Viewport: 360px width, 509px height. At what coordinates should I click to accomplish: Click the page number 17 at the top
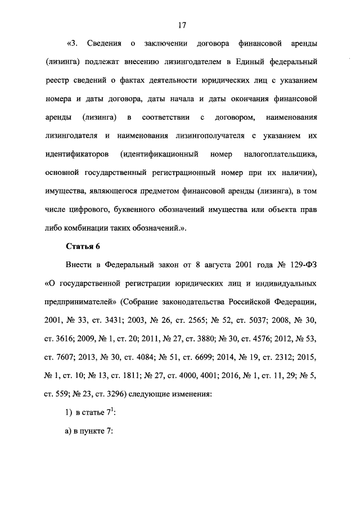[x=182, y=25]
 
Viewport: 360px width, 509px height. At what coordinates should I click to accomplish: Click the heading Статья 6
[x=83, y=246]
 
